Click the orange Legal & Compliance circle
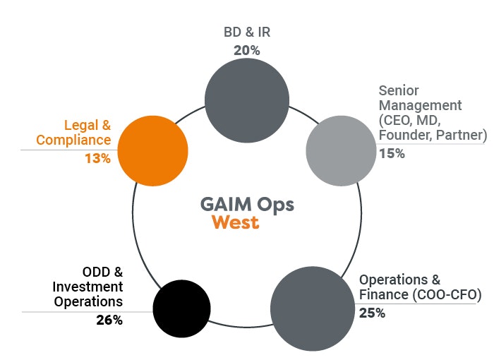(153, 150)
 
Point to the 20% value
(246, 51)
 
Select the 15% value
(392, 153)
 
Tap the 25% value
(372, 313)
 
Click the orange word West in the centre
(236, 223)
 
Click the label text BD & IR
(246, 32)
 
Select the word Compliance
(84, 140)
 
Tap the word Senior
(399, 91)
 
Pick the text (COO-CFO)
(448, 295)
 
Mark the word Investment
(88, 287)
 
